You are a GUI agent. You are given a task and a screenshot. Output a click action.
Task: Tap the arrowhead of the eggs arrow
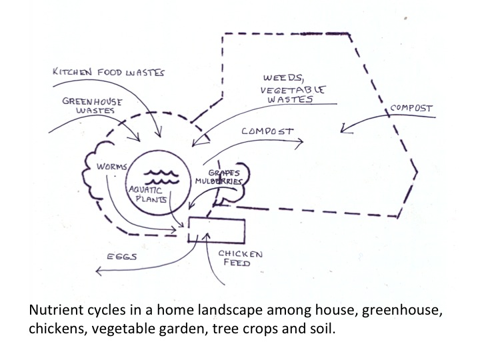point(97,271)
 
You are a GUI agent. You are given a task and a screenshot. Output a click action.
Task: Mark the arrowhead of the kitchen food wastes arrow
point(158,135)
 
